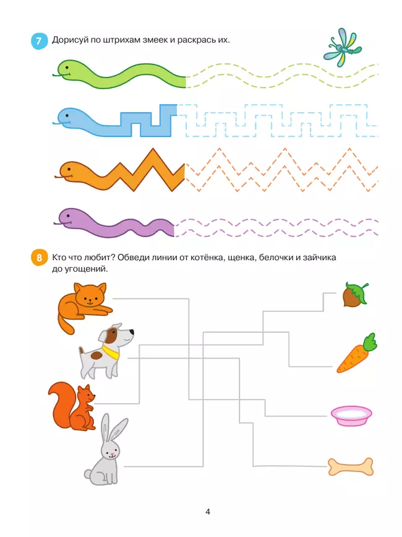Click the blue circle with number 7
tap(39, 41)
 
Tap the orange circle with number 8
tap(39, 257)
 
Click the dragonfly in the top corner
tap(343, 47)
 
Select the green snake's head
tap(65, 70)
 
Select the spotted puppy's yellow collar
tap(111, 352)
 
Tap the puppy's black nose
tap(131, 332)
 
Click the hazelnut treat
tap(355, 295)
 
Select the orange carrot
tap(356, 353)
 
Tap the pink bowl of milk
tap(351, 416)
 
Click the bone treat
tap(351, 467)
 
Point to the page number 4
tap(208, 512)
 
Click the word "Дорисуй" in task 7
tap(71, 40)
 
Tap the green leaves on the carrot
tap(369, 342)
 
